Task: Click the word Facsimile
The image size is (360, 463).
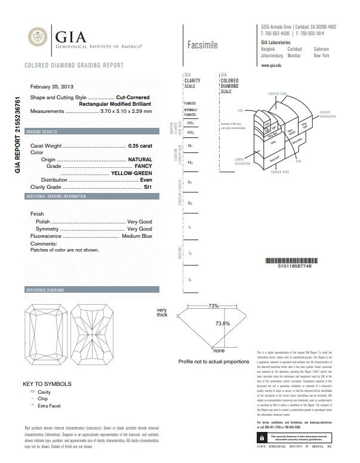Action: click(x=202, y=45)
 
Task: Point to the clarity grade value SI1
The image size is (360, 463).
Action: click(x=148, y=187)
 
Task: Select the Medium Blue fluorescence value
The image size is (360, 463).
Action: click(x=137, y=237)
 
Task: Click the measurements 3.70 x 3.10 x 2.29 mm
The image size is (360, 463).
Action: click(x=126, y=111)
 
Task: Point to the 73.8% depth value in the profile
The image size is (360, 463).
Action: click(x=222, y=323)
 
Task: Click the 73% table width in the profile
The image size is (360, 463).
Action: click(x=213, y=306)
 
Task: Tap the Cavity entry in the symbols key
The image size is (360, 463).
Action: click(x=44, y=391)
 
